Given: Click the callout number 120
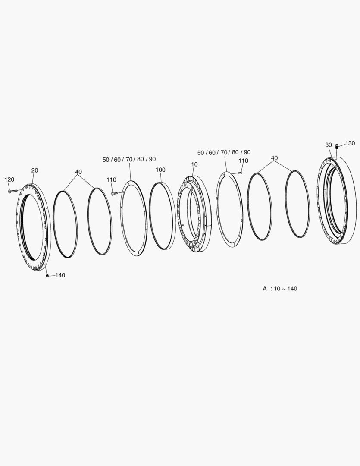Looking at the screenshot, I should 9,179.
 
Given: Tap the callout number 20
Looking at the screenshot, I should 34,170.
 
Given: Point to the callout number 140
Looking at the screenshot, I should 60,275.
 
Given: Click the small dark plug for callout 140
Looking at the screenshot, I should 47,276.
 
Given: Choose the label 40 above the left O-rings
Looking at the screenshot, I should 78,172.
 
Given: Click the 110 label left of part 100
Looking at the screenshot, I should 111,180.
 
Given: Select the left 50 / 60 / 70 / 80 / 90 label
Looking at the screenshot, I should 129,159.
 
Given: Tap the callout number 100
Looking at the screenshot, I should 160,170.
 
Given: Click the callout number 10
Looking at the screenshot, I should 194,164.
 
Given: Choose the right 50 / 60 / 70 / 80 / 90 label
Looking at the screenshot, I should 224,152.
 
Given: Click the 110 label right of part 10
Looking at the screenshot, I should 243,161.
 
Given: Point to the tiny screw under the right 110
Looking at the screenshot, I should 240,173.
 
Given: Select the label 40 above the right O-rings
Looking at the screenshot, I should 275,158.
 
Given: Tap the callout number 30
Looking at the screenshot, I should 329,145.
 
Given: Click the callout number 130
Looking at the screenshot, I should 350,143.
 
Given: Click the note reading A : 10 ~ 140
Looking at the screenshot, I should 280,288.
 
